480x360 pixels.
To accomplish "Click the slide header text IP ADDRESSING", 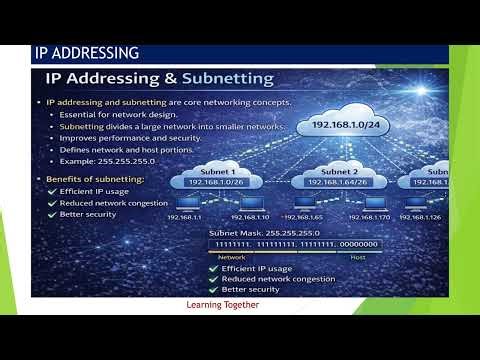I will (86, 53).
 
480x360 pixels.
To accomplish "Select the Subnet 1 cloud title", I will (213, 170).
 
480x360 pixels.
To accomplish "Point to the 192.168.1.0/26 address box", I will (213, 182).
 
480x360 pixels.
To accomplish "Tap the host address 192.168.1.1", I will (184, 216).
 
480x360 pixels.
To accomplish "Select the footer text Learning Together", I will (222, 305).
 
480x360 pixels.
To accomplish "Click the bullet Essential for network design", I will (107, 115).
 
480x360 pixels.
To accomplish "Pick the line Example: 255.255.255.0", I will (102, 160).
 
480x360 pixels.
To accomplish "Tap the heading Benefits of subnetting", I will (96, 178).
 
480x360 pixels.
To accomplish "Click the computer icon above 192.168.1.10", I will (249, 203).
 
